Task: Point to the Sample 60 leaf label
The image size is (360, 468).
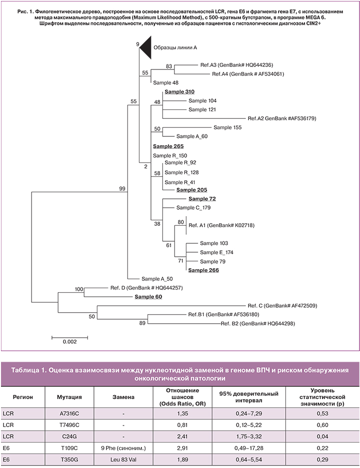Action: [148, 296]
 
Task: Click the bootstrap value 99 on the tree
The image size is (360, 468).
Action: [121, 188]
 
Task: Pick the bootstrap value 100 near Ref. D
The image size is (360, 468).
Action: [78, 289]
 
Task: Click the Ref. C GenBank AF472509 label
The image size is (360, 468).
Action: [282, 305]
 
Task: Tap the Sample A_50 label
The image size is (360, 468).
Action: [157, 279]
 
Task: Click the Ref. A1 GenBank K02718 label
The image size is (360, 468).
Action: [220, 226]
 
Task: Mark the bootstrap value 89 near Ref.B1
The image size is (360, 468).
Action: [142, 324]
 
